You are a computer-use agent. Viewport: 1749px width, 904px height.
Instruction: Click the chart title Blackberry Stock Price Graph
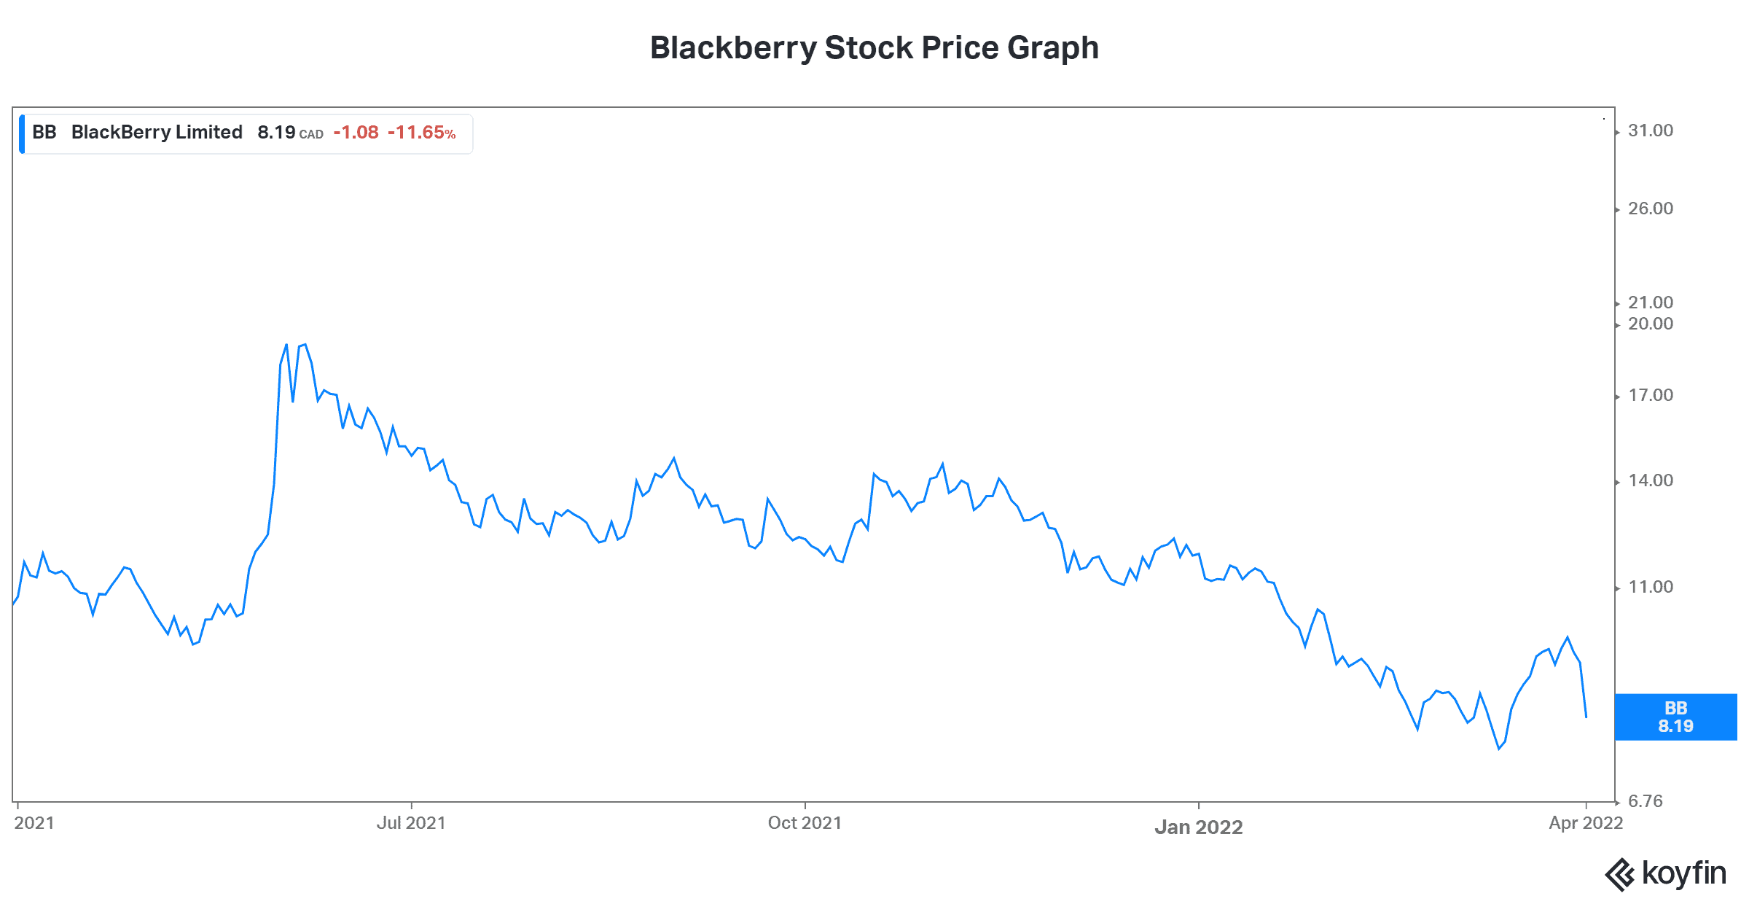(x=874, y=48)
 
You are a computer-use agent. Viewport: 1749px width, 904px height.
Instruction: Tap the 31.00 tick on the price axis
(x=1650, y=130)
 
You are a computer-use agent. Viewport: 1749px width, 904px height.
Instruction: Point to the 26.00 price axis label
(x=1650, y=209)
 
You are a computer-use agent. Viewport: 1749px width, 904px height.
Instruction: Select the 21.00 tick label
(x=1650, y=303)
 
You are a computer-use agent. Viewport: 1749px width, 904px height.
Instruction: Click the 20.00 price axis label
(x=1650, y=324)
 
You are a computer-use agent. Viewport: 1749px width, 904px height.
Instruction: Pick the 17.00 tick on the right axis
(x=1650, y=395)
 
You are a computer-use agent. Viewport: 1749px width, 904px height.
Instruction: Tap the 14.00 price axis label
(x=1650, y=480)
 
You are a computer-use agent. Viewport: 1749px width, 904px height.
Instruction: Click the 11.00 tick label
(x=1650, y=587)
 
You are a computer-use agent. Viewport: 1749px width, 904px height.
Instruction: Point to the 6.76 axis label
(x=1645, y=801)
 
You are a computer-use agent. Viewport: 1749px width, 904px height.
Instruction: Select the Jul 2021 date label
(x=411, y=823)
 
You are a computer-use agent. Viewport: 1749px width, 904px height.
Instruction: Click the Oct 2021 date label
(x=805, y=823)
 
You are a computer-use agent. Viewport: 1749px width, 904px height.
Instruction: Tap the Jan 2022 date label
(x=1199, y=827)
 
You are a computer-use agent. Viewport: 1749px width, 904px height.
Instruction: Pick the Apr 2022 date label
(x=1586, y=823)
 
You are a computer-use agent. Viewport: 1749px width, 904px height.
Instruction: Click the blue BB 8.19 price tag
(x=1675, y=717)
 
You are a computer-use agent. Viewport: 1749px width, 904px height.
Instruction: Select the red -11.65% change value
(x=421, y=133)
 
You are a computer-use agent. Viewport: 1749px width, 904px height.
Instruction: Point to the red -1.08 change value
(x=356, y=133)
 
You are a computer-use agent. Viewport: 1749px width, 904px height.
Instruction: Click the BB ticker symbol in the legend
(x=44, y=132)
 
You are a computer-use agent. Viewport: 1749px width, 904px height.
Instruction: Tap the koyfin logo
(x=1666, y=873)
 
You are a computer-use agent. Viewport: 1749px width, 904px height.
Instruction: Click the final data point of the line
(x=1586, y=717)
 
